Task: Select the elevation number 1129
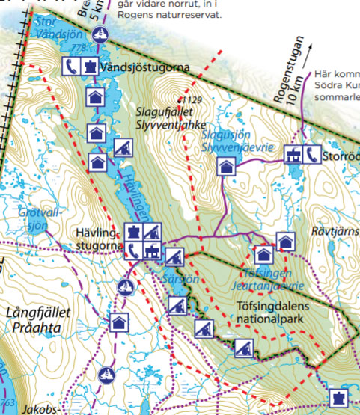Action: click(193, 100)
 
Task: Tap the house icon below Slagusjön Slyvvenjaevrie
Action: click(225, 166)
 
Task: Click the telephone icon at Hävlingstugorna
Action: click(133, 249)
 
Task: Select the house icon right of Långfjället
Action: click(118, 323)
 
